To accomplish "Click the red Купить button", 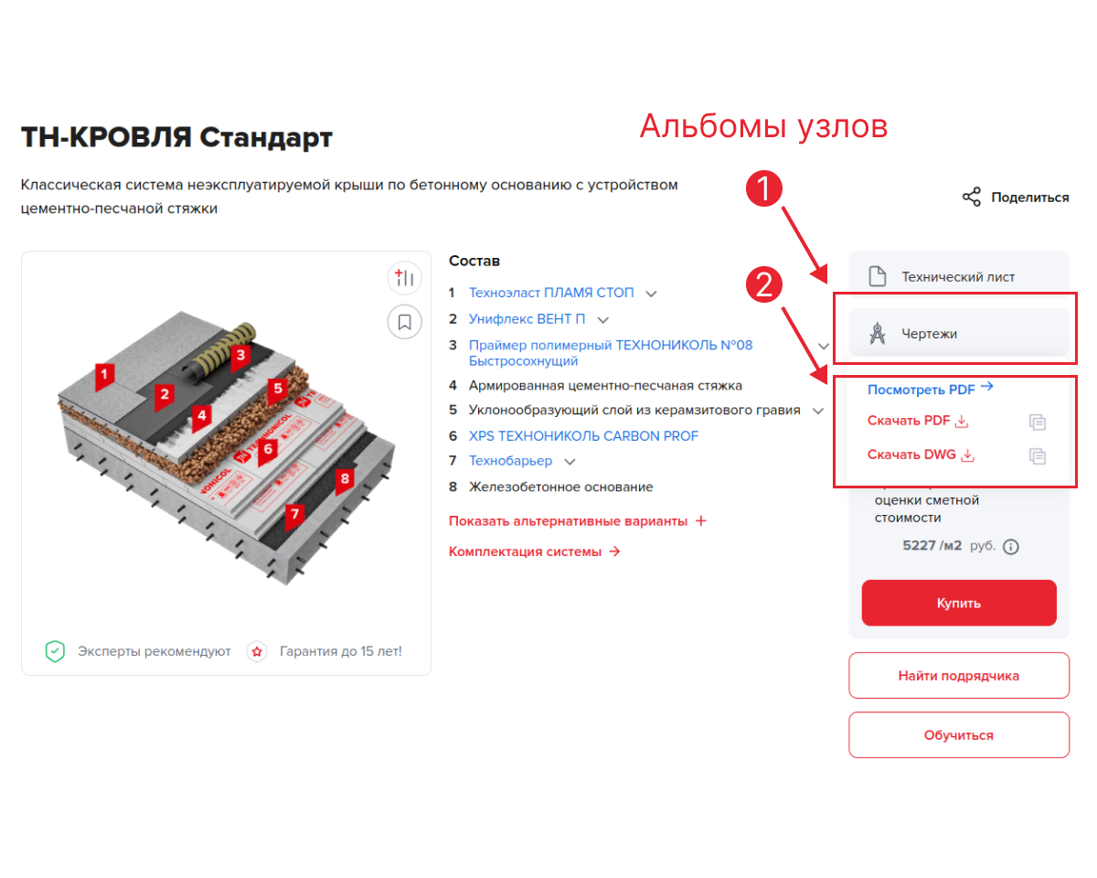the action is coord(958,603).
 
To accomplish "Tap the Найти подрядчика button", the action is coord(958,675).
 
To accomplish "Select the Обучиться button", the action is coord(958,734).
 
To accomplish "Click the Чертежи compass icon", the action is coord(878,334).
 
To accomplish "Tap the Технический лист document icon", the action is coord(878,276).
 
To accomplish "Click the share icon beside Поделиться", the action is coord(972,197).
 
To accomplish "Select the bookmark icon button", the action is coord(405,322).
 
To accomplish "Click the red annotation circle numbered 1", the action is coord(763,188).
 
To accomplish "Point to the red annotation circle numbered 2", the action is coord(763,284).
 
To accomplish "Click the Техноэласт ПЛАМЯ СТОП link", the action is coord(551,293).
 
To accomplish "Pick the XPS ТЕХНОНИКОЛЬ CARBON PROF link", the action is coord(583,436).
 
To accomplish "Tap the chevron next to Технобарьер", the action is coord(570,462).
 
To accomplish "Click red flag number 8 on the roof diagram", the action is coord(345,480).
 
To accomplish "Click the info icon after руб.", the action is coord(1011,547).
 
